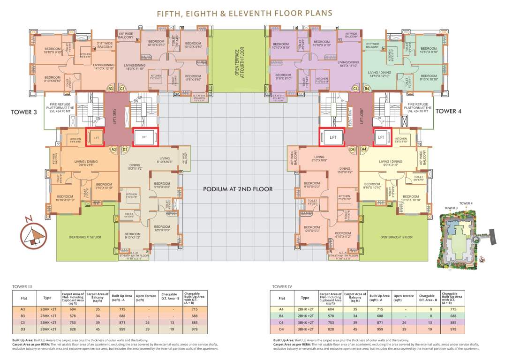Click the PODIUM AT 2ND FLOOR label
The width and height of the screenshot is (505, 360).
pyautogui.click(x=238, y=189)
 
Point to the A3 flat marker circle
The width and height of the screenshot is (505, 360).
pyautogui.click(x=113, y=149)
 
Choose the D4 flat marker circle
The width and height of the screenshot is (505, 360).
pyautogui.click(x=353, y=149)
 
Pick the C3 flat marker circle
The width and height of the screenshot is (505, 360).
pyautogui.click(x=122, y=88)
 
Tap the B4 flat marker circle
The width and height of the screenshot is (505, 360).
pyautogui.click(x=367, y=88)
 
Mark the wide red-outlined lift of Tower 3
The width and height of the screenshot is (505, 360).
pyautogui.click(x=144, y=137)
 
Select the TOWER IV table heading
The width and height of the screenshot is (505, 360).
pyautogui.click(x=282, y=286)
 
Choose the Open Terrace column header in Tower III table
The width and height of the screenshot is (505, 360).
pyautogui.click(x=146, y=298)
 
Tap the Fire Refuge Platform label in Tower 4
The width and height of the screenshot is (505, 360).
pyautogui.click(x=418, y=108)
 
